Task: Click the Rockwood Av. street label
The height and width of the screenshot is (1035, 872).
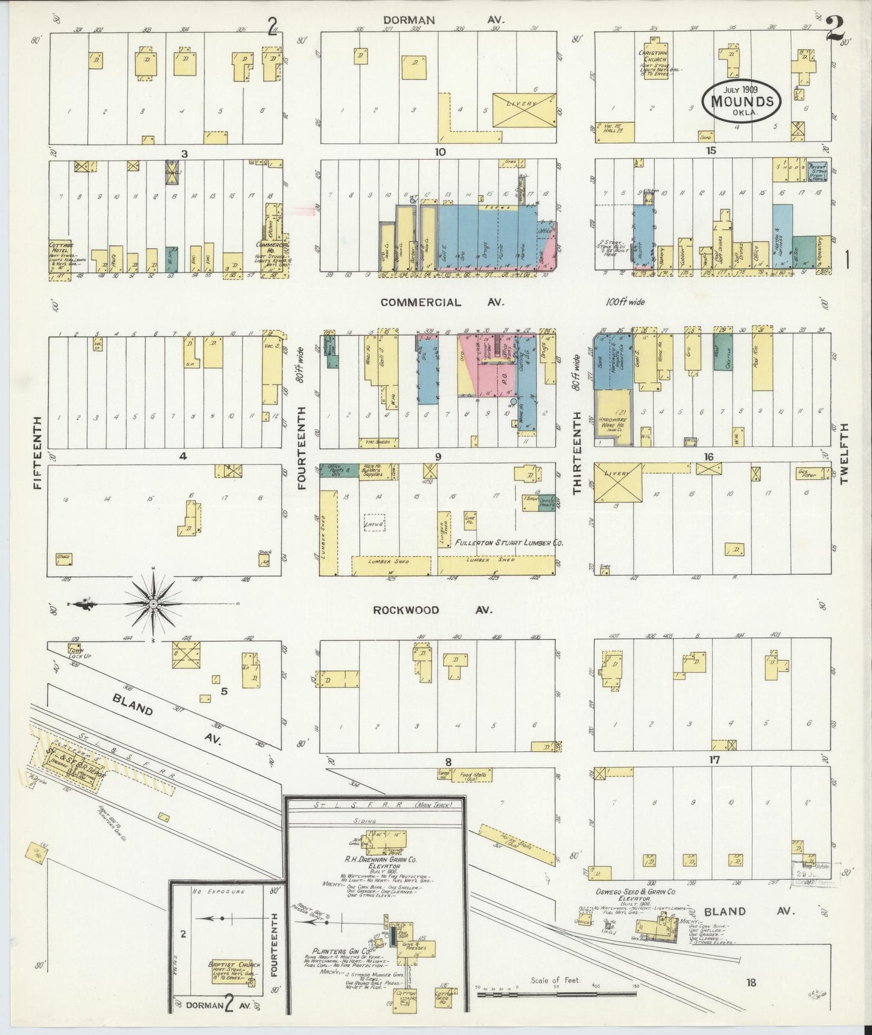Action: tap(432, 610)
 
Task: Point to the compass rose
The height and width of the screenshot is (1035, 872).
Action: tap(153, 603)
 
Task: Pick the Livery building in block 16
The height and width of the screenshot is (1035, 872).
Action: tap(617, 482)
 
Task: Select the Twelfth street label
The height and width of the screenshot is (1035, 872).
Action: tap(844, 452)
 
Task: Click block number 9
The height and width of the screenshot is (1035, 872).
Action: tap(438, 457)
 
